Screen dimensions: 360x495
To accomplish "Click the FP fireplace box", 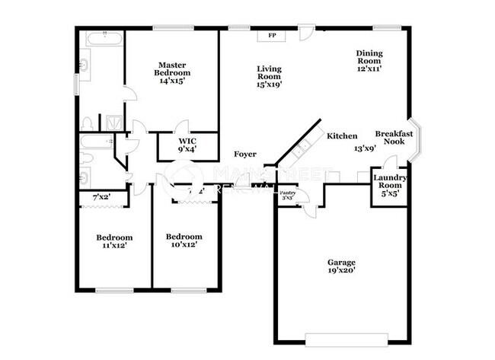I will point(271,36).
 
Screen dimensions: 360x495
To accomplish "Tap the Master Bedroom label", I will point(172,72).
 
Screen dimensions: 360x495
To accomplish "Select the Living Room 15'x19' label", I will point(269,76).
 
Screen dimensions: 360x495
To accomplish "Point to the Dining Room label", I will point(369,60).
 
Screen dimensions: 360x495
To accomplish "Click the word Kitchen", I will point(342,136).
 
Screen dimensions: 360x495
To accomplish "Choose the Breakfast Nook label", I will point(394,137).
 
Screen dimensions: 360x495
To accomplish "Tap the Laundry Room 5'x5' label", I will point(389,185).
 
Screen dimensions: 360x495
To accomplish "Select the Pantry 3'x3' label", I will point(288,196).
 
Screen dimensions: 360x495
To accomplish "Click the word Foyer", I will point(244,155).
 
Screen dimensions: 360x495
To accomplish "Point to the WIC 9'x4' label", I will point(187,145).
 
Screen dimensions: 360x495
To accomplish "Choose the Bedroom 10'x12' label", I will point(184,241).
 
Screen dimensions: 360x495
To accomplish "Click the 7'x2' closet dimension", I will point(101,198).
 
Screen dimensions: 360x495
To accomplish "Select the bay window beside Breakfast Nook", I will point(418,139).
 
